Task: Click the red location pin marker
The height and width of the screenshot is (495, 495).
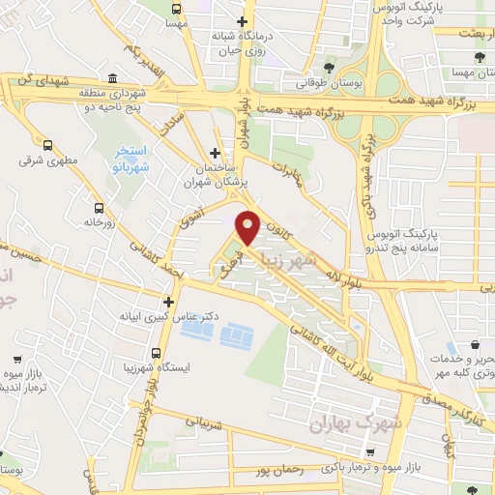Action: pyautogui.click(x=248, y=226)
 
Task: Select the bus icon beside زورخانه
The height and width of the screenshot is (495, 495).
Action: pyautogui.click(x=99, y=208)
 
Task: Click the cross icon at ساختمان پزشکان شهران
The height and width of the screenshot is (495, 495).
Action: pyautogui.click(x=215, y=153)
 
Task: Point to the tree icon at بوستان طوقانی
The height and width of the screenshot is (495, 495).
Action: pyautogui.click(x=330, y=67)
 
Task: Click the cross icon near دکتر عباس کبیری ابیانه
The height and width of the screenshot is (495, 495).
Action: pyautogui.click(x=168, y=302)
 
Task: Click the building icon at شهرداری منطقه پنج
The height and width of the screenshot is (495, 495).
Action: pyautogui.click(x=113, y=79)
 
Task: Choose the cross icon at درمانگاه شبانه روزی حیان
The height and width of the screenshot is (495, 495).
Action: pyautogui.click(x=242, y=20)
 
